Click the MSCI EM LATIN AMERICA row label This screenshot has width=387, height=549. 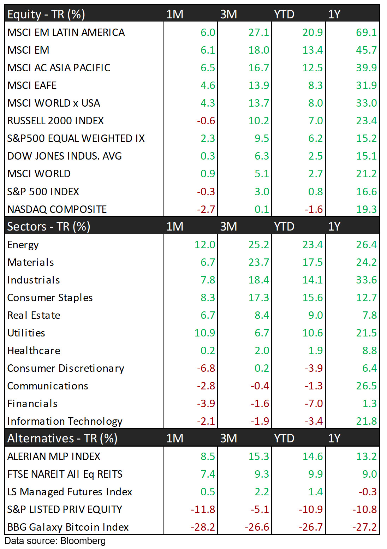coord(66,32)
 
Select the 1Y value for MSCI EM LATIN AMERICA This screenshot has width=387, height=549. coord(366,32)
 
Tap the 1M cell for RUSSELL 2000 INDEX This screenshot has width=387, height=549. coord(206,121)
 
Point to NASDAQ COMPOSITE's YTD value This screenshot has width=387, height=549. coord(314,209)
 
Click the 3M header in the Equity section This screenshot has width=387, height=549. coord(228,14)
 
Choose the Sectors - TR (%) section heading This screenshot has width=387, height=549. coord(49,226)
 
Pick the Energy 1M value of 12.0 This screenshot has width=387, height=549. coord(205,245)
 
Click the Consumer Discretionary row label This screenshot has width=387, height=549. coord(66,368)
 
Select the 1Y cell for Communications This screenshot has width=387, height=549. coord(366,386)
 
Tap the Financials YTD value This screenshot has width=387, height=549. coord(314,404)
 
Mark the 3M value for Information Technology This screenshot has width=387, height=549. coord(260,421)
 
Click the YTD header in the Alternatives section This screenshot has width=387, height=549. coord(284,438)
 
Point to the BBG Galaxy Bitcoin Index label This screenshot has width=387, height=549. coord(68,527)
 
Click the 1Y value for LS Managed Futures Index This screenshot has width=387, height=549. coord(368,492)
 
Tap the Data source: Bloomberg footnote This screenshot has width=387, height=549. coord(55,541)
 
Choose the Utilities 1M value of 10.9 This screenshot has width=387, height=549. coord(205,333)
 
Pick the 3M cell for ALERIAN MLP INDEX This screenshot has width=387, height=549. coord(258,456)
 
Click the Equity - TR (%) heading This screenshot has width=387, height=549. coord(46,14)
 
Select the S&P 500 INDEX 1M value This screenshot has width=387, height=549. coord(206,192)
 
